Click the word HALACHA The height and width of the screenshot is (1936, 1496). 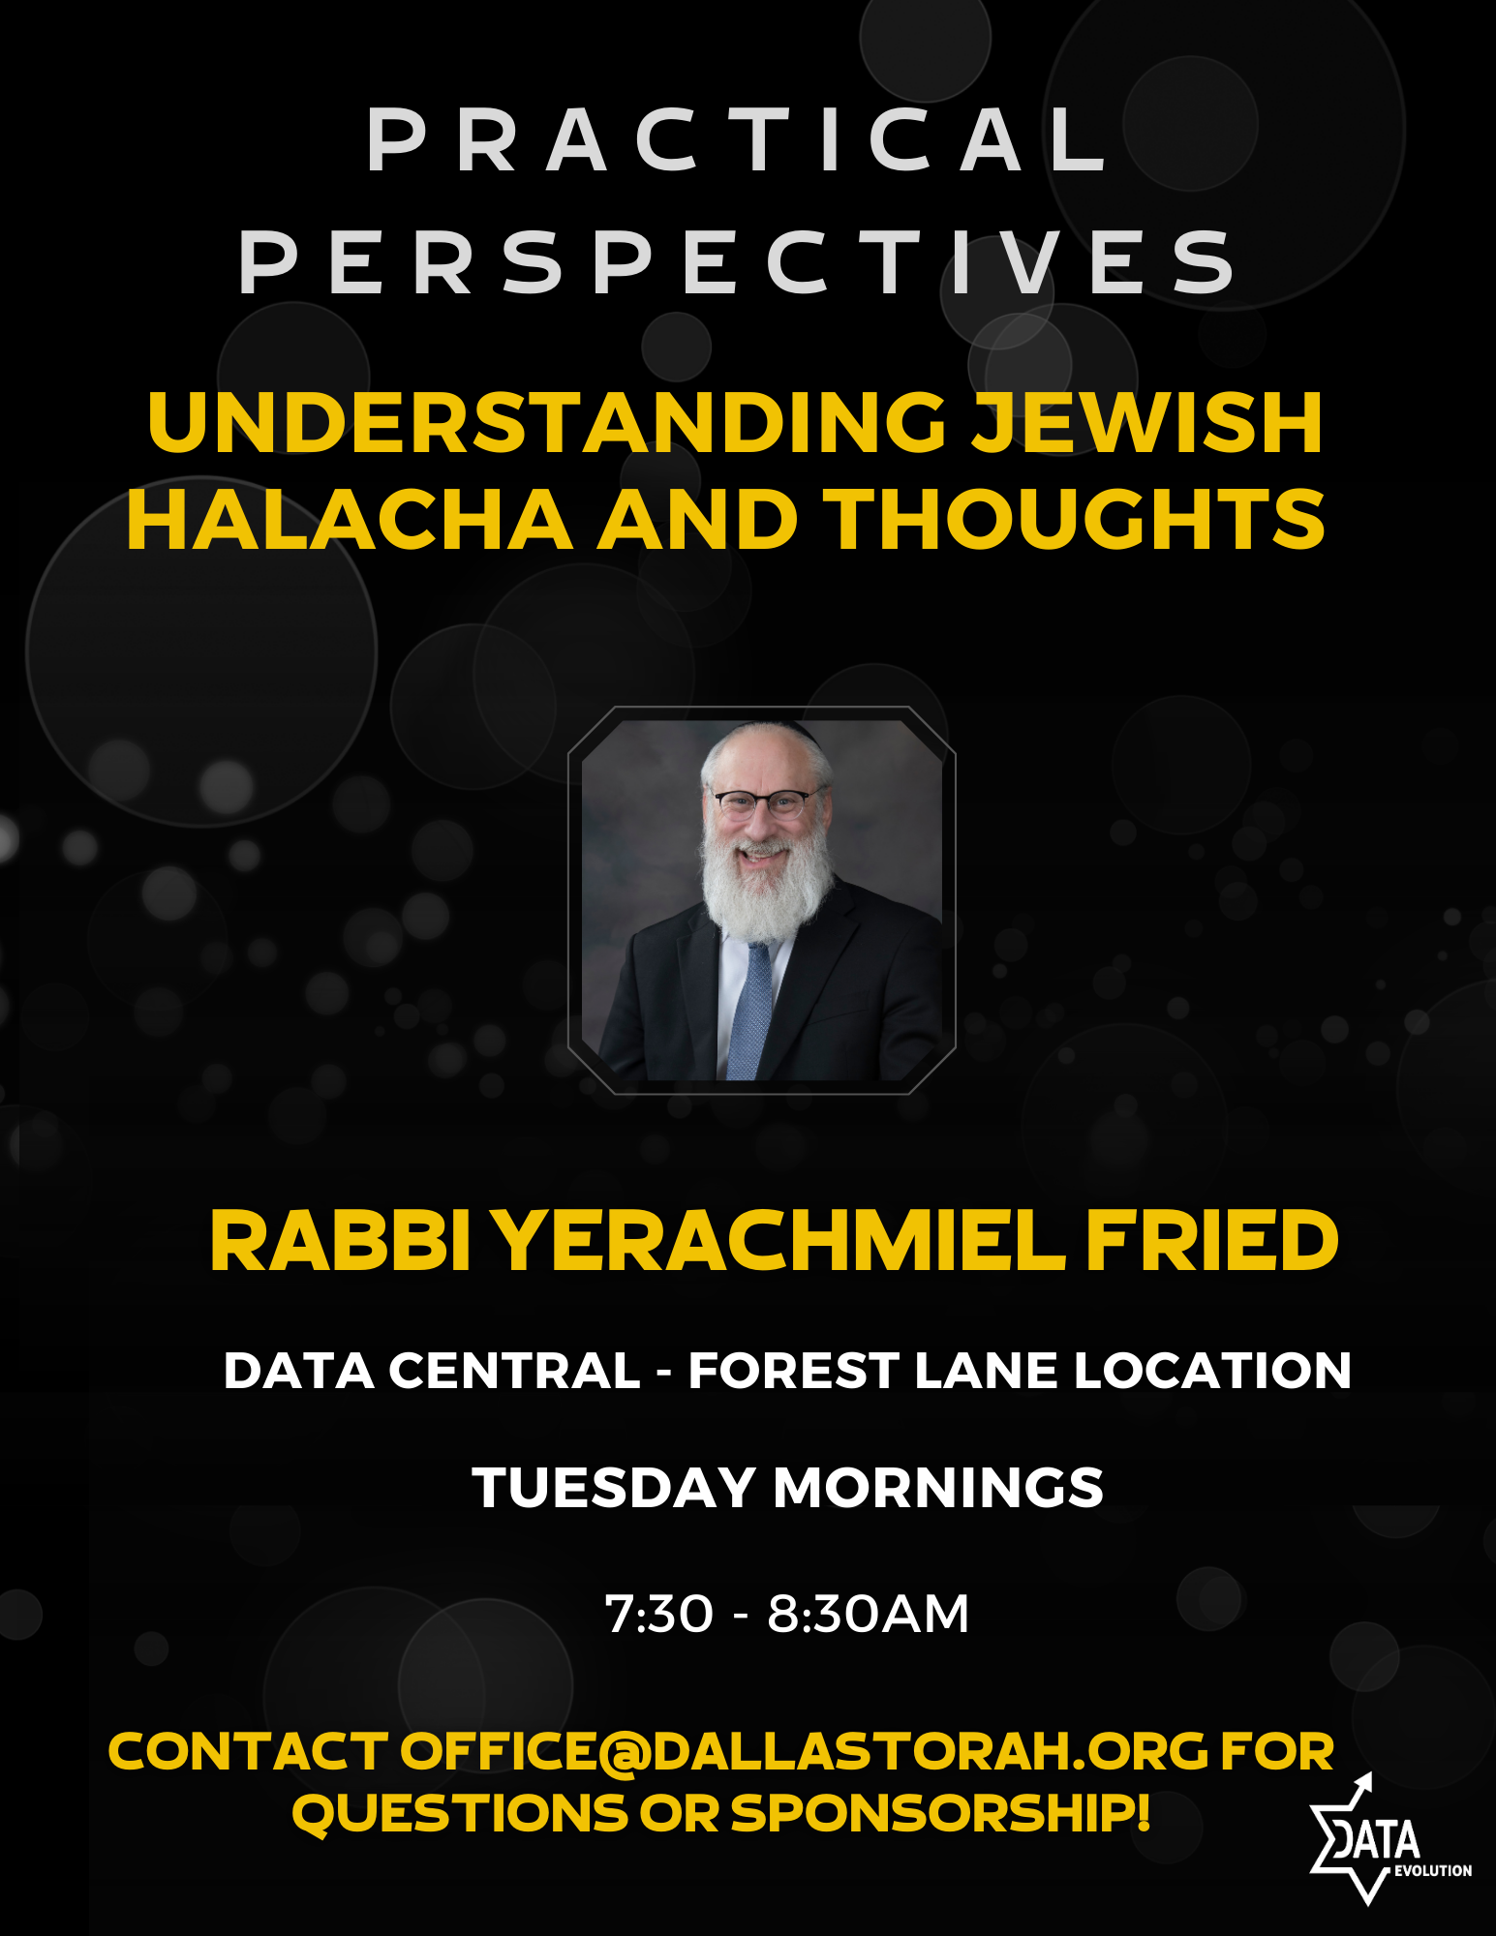click(x=350, y=520)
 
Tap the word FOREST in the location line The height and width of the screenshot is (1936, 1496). click(x=794, y=1371)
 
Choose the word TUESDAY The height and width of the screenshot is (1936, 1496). click(x=613, y=1488)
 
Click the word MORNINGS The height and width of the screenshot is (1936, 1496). click(x=938, y=1488)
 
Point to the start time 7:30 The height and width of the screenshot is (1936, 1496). click(x=658, y=1614)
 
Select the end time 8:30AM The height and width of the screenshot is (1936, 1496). click(x=868, y=1614)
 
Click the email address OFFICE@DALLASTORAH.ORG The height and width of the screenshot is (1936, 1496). click(x=804, y=1751)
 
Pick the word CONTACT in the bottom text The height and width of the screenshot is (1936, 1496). click(x=247, y=1751)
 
